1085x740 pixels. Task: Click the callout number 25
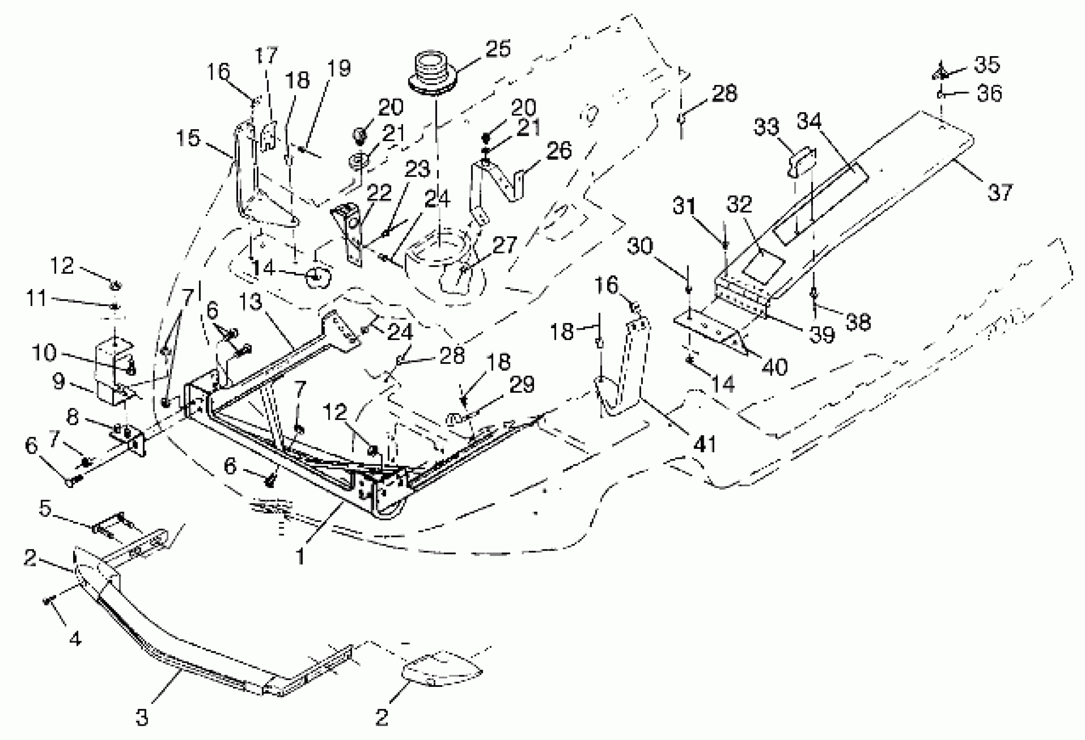pos(498,49)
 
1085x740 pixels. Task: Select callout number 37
pos(1000,192)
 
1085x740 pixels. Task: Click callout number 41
pos(705,444)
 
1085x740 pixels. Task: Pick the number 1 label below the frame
pos(300,556)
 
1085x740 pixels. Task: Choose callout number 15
pos(188,138)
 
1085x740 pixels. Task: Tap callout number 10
pos(44,353)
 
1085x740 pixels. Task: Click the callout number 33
pos(766,127)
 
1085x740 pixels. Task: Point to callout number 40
pos(775,367)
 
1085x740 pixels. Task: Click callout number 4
pos(75,638)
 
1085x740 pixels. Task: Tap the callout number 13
pos(251,302)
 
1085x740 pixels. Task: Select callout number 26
pos(559,150)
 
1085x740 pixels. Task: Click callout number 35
pos(987,65)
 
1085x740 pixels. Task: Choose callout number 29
pos(522,385)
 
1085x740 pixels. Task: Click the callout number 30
pos(640,246)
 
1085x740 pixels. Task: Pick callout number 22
pos(378,192)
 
